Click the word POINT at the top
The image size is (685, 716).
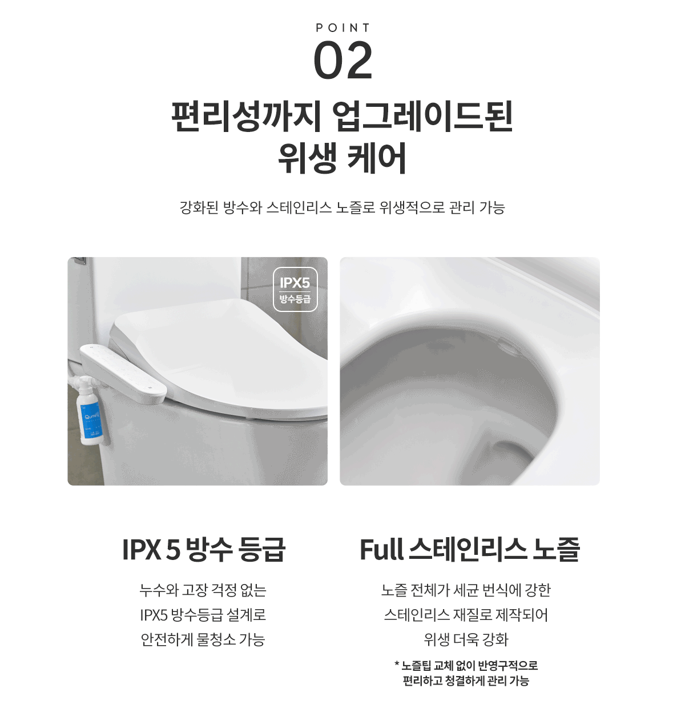(x=342, y=28)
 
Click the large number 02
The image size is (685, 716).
(x=343, y=61)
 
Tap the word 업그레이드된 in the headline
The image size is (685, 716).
(x=422, y=116)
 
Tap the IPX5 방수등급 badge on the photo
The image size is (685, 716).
(x=295, y=289)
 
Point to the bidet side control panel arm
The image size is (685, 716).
(x=123, y=373)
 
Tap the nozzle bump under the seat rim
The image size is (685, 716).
(x=509, y=347)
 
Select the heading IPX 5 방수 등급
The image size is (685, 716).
(x=204, y=549)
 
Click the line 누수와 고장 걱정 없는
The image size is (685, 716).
(x=203, y=590)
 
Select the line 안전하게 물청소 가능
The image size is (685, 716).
(x=203, y=639)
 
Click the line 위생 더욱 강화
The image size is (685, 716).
(x=466, y=639)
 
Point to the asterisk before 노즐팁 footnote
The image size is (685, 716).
(x=397, y=664)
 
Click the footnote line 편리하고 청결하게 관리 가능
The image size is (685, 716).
(x=466, y=681)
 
